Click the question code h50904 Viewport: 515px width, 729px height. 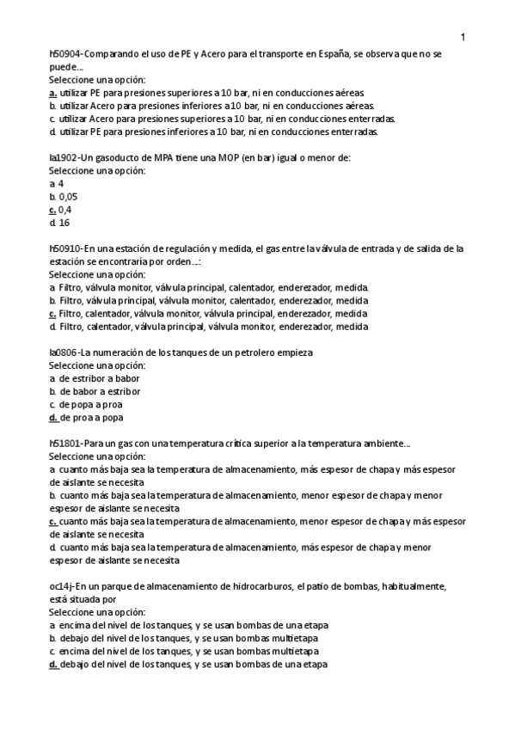pyautogui.click(x=66, y=53)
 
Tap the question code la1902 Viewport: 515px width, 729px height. pyautogui.click(x=64, y=157)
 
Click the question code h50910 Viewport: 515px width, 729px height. pyautogui.click(x=66, y=248)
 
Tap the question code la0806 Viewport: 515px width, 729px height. pyautogui.click(x=64, y=352)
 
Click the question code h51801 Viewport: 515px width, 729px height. pyautogui.click(x=66, y=444)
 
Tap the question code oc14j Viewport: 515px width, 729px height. pyautogui.click(x=63, y=586)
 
